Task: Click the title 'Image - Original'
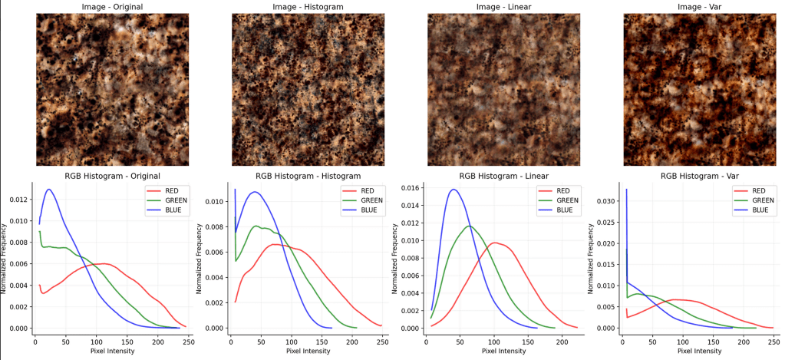pyautogui.click(x=112, y=8)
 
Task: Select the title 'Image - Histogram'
pyautogui.click(x=308, y=8)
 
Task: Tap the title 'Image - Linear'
pyautogui.click(x=504, y=8)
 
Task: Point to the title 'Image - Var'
pyautogui.click(x=699, y=8)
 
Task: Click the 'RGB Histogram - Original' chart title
pyautogui.click(x=112, y=176)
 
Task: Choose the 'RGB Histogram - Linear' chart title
pyautogui.click(x=503, y=176)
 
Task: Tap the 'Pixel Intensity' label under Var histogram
pyautogui.click(x=699, y=351)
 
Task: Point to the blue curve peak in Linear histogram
pyautogui.click(x=454, y=189)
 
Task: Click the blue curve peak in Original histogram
pyautogui.click(x=48, y=189)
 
